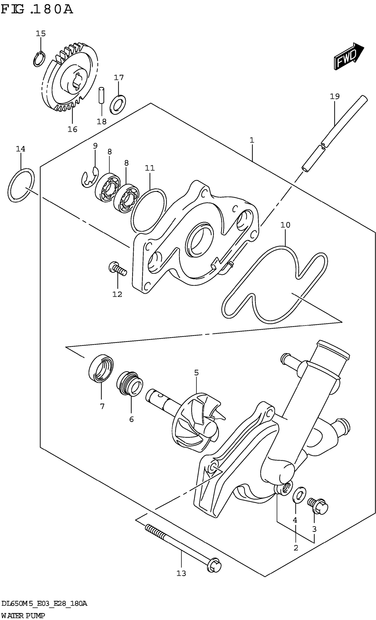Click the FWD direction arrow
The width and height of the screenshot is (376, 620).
click(x=348, y=56)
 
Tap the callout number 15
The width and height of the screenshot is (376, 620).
click(x=40, y=34)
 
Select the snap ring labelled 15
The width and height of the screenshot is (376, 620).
click(x=39, y=59)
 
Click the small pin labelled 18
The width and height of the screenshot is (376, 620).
click(x=101, y=95)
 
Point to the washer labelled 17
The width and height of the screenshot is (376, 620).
click(x=118, y=104)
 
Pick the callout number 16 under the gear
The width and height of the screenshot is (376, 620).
click(x=72, y=129)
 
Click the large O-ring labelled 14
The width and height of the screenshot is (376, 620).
click(x=21, y=185)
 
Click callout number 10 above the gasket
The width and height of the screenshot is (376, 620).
click(x=285, y=225)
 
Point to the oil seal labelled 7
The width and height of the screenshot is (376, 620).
click(x=101, y=369)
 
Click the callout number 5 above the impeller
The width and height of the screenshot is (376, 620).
click(x=196, y=373)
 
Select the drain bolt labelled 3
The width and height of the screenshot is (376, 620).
click(x=318, y=506)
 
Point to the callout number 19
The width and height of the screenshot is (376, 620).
click(x=335, y=96)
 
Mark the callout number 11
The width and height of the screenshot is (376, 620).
click(x=150, y=168)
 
